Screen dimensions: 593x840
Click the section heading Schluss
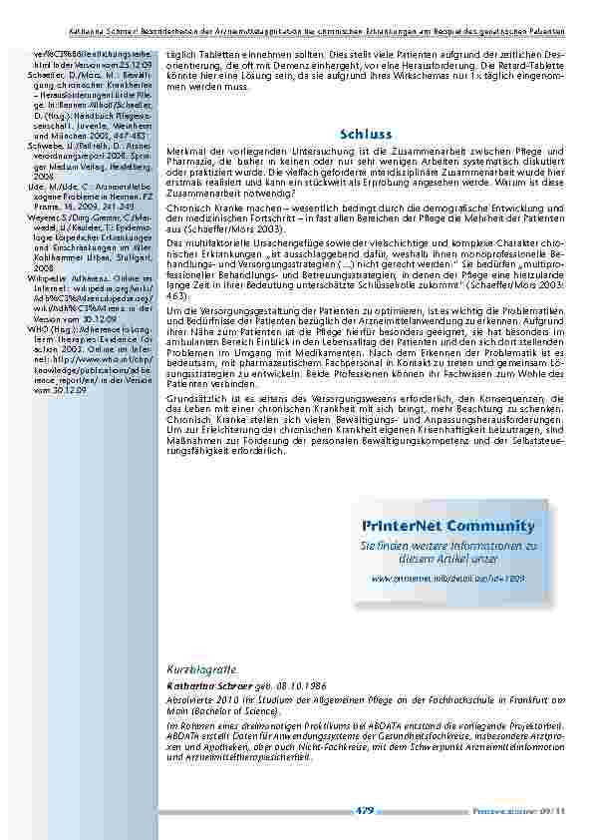click(x=366, y=133)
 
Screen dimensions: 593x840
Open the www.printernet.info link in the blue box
click(x=447, y=578)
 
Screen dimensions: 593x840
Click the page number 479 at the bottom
click(x=365, y=811)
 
